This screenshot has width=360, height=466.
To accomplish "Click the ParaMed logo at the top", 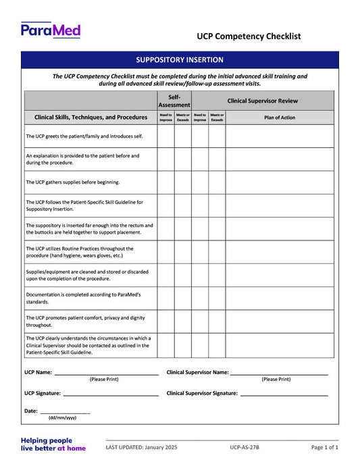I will click(x=51, y=30).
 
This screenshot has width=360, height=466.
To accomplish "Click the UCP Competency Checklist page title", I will click(x=249, y=36).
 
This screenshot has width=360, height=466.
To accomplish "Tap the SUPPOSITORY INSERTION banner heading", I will click(x=180, y=60).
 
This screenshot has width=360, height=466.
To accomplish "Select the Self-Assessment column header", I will click(x=174, y=101).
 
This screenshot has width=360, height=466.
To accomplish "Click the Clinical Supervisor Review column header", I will click(x=262, y=101).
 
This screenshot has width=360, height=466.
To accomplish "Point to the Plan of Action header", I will click(x=279, y=118).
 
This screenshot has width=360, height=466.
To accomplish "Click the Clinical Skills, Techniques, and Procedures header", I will click(x=91, y=118).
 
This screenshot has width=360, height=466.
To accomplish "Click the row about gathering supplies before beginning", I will click(x=73, y=182).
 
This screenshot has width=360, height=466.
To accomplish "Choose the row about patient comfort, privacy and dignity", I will click(x=84, y=321).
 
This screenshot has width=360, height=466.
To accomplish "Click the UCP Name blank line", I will click(x=106, y=373).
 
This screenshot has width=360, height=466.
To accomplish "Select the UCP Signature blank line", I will click(x=110, y=394).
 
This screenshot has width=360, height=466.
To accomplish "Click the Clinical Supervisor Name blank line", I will click(x=279, y=373).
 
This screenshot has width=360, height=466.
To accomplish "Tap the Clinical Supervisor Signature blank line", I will click(x=284, y=394).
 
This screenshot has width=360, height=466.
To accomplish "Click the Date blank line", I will click(x=65, y=411).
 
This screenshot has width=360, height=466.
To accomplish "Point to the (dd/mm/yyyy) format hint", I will click(x=62, y=418).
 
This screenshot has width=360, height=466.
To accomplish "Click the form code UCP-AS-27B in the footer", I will click(x=244, y=448).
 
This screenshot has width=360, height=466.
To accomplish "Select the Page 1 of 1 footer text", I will click(x=325, y=448).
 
